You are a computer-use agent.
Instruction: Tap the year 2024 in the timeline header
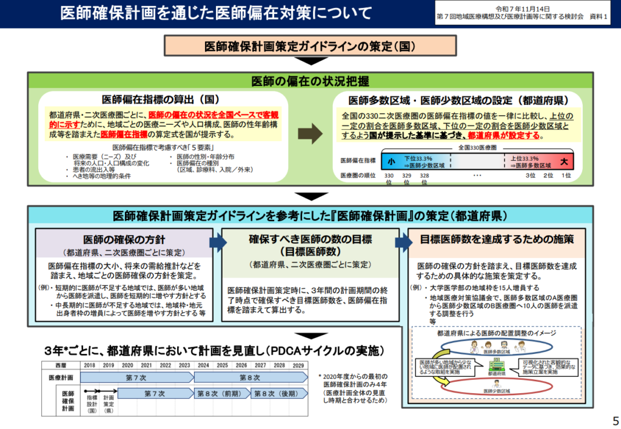pyautogui.click(x=203, y=365)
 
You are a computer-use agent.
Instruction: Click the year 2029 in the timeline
pyautogui.click(x=297, y=365)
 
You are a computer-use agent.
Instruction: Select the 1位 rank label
pyautogui.click(x=566, y=175)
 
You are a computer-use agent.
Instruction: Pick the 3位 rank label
pyautogui.click(x=530, y=175)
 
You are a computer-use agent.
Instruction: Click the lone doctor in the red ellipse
pyautogui.click(x=496, y=384)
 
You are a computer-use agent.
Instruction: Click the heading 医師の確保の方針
pyautogui.click(x=124, y=239)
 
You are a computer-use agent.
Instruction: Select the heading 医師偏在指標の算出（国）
pyautogui.click(x=160, y=99)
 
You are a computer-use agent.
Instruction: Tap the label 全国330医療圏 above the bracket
pyautogui.click(x=477, y=147)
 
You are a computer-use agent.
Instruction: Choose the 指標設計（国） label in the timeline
pyautogui.click(x=92, y=402)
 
